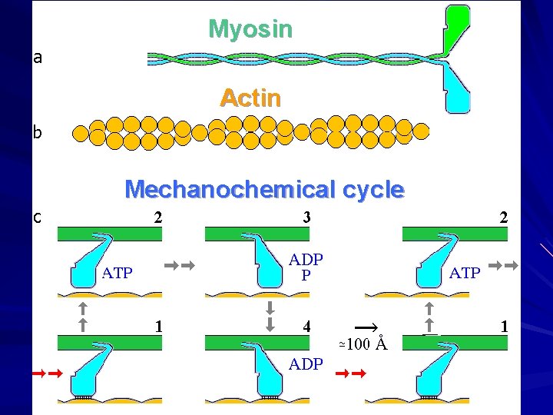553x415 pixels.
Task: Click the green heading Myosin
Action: [250, 29]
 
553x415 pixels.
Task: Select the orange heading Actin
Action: [250, 98]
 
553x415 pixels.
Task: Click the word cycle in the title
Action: [374, 189]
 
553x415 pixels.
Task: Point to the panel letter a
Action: [38, 57]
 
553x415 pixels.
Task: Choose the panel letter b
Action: [38, 133]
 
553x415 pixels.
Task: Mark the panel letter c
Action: [38, 217]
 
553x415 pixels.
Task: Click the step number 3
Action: [306, 217]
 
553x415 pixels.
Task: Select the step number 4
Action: [306, 326]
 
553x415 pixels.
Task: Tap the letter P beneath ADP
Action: [306, 274]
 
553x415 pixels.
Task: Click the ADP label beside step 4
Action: [306, 364]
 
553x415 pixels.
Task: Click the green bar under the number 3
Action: [257, 234]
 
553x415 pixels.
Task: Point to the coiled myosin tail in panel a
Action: [292, 58]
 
